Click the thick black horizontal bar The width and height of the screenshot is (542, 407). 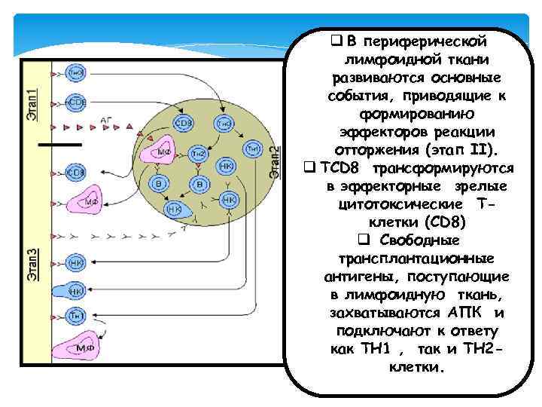point(60,143)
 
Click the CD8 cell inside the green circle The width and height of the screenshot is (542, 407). point(184,123)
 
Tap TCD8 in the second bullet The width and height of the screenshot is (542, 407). point(344,167)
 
